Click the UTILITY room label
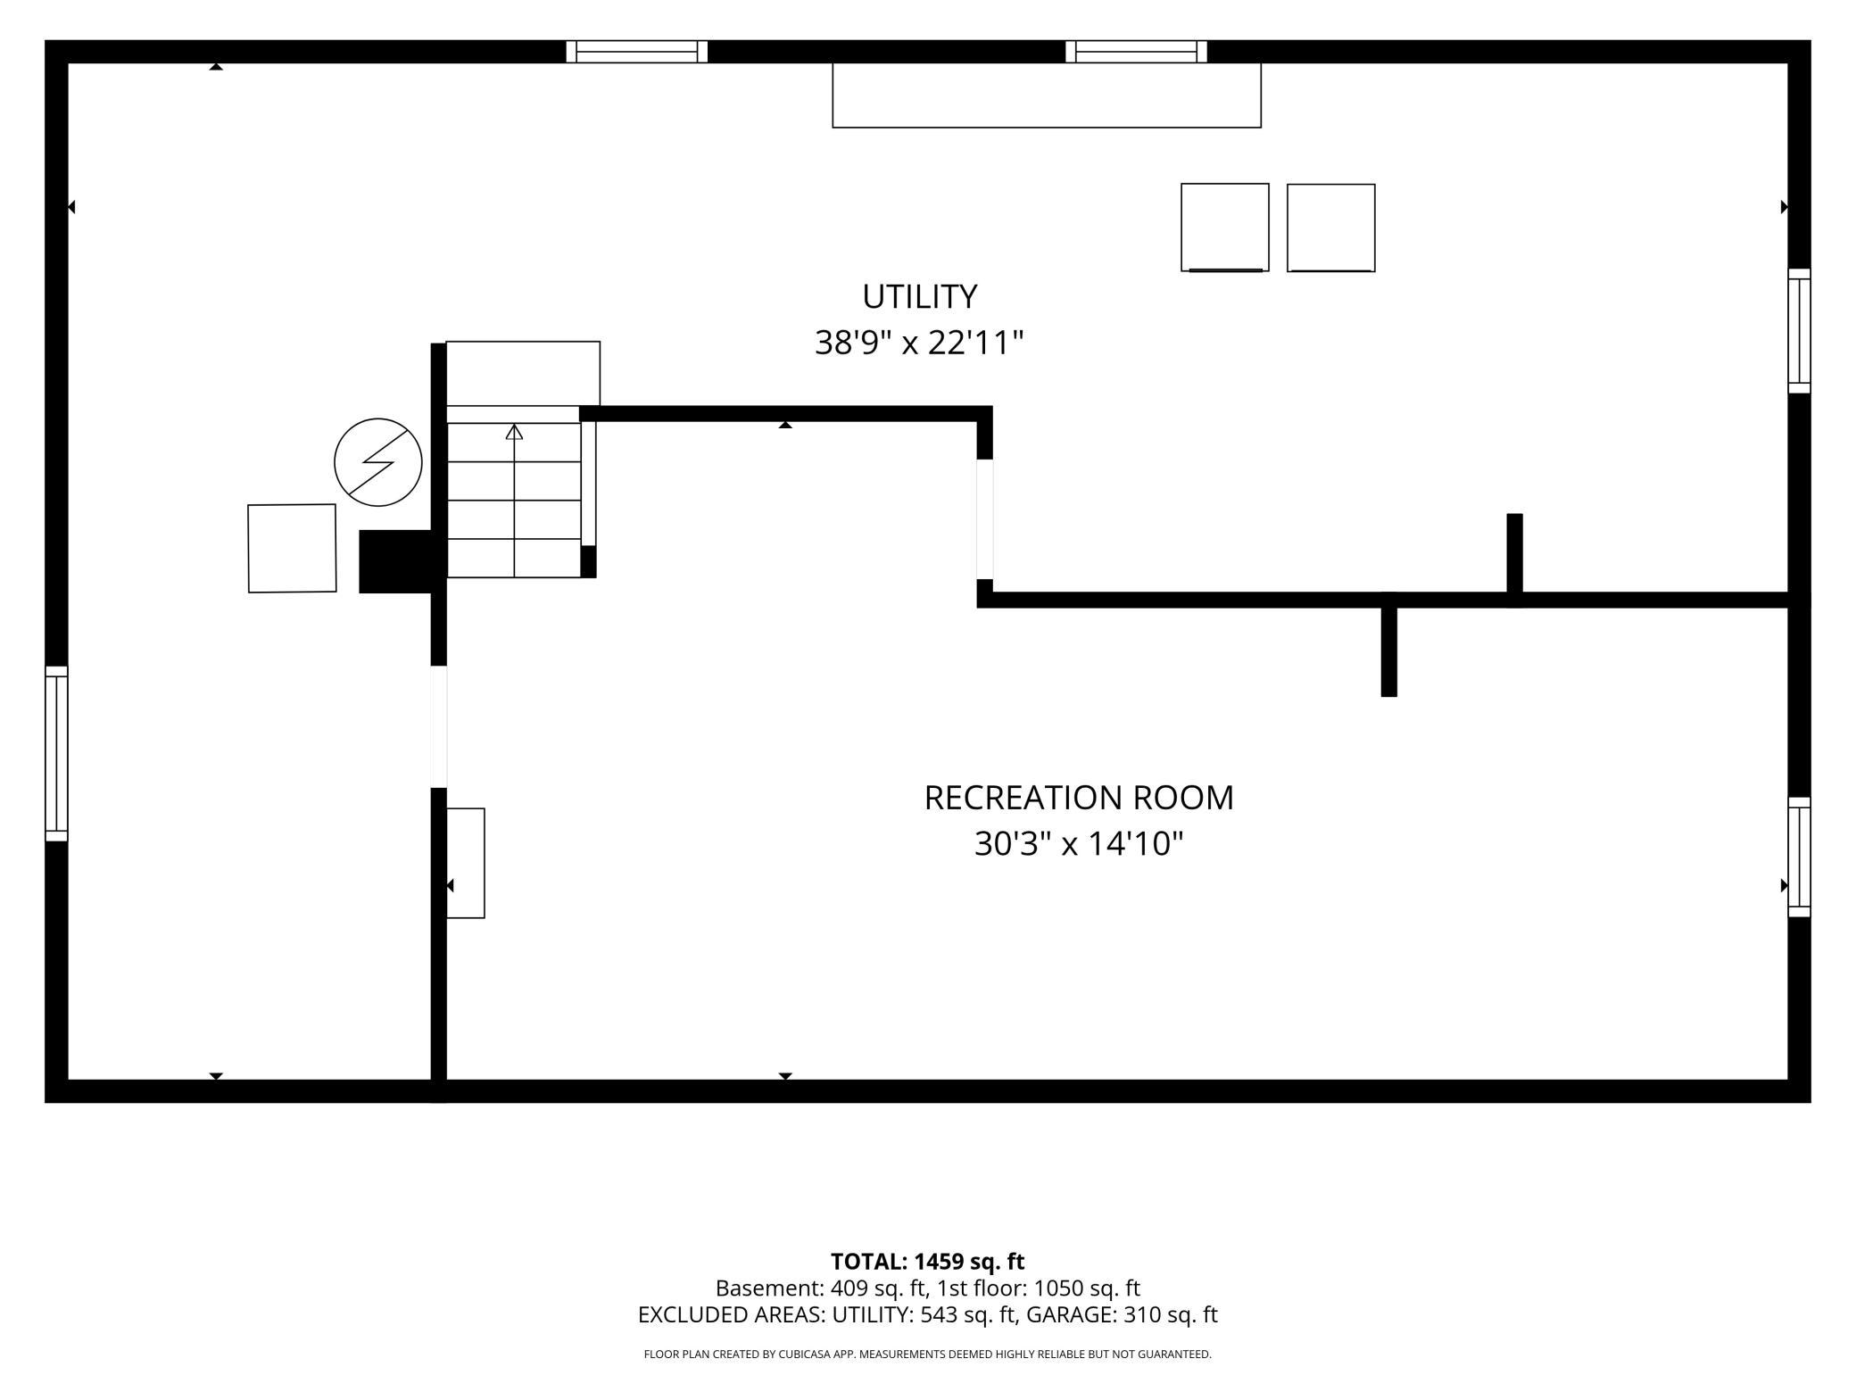tap(919, 296)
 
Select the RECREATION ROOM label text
tap(1079, 798)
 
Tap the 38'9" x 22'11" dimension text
tap(919, 343)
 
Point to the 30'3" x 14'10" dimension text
tap(1079, 843)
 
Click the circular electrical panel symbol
tap(378, 462)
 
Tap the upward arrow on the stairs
tap(514, 500)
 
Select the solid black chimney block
tap(395, 561)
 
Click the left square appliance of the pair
tap(1225, 228)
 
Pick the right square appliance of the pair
tap(1331, 228)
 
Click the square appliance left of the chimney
tap(292, 548)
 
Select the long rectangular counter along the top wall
tap(1047, 95)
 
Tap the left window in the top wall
tap(637, 52)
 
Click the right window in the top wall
tap(1137, 52)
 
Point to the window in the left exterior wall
tap(56, 753)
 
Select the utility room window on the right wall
tap(1800, 331)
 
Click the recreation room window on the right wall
tap(1800, 857)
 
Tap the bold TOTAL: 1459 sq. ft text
tap(928, 1262)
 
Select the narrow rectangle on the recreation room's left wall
tap(466, 863)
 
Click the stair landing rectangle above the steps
tap(523, 373)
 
